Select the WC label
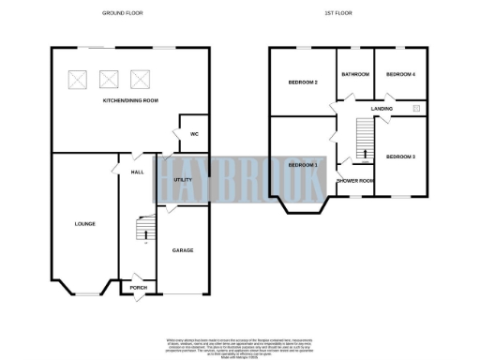pyautogui.click(x=194, y=134)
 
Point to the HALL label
pyautogui.click(x=137, y=172)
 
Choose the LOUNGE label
pyautogui.click(x=85, y=224)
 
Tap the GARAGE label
pyautogui.click(x=182, y=250)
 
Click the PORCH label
pyautogui.click(x=138, y=288)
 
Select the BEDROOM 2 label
pyautogui.click(x=303, y=83)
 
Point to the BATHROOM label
pyautogui.click(x=355, y=74)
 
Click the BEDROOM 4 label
pyautogui.click(x=400, y=74)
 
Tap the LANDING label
pyautogui.click(x=382, y=109)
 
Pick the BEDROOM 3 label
pyautogui.click(x=400, y=156)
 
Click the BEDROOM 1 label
pyautogui.click(x=302, y=165)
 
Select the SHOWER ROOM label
pyautogui.click(x=355, y=180)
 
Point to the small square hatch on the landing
pyautogui.click(x=416, y=109)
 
